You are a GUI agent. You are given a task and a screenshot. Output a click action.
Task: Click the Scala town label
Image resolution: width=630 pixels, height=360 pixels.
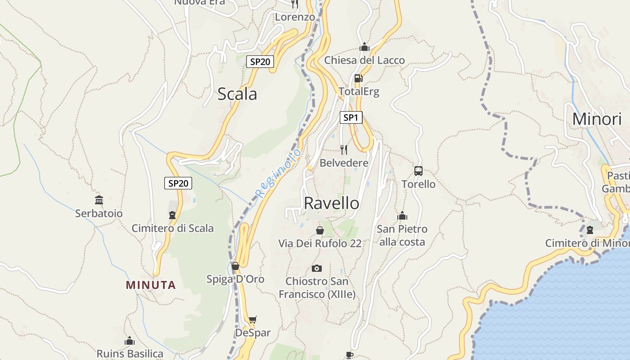[x=237, y=94]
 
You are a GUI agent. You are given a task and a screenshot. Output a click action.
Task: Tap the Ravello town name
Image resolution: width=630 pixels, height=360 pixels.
[x=332, y=203]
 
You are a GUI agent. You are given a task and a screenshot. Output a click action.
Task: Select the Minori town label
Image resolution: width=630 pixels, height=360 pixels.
[x=597, y=119]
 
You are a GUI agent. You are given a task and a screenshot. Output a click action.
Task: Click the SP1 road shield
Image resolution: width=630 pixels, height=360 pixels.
[x=351, y=118]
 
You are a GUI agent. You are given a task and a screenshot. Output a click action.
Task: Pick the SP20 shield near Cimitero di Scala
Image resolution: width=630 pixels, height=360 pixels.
[x=178, y=183]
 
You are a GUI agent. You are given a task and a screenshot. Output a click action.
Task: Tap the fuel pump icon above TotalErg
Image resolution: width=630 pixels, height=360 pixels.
[x=358, y=78]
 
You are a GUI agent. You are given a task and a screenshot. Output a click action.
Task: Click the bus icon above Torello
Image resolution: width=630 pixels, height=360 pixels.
[x=418, y=171]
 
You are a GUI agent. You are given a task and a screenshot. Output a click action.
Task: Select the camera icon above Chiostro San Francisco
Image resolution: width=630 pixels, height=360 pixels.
[x=317, y=268]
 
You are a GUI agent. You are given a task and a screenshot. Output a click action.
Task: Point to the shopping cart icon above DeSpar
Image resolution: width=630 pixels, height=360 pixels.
[x=253, y=320]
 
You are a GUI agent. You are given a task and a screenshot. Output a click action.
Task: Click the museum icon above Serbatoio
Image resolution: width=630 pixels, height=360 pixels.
[x=99, y=200]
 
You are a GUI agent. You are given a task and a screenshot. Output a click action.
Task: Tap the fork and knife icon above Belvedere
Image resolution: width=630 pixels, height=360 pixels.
[x=344, y=149]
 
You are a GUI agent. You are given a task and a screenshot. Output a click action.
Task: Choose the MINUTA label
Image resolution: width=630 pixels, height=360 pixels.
[x=151, y=285]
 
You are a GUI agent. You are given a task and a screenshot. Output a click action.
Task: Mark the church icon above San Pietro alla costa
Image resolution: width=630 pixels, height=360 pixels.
[x=402, y=216]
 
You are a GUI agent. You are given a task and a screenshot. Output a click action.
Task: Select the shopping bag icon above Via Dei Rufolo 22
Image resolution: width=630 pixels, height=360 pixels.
[x=319, y=230]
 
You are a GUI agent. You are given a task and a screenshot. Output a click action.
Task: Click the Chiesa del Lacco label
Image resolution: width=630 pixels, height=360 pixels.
[x=364, y=60]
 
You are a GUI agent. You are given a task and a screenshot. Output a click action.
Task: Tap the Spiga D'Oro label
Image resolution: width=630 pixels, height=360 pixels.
[x=235, y=279]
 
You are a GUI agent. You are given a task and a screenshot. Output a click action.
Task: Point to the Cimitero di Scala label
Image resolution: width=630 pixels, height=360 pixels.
[x=172, y=228]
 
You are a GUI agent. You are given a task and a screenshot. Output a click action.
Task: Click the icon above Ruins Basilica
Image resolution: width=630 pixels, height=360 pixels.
[x=130, y=341]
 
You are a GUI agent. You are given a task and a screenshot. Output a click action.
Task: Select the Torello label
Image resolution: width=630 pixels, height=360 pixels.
[x=418, y=184]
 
